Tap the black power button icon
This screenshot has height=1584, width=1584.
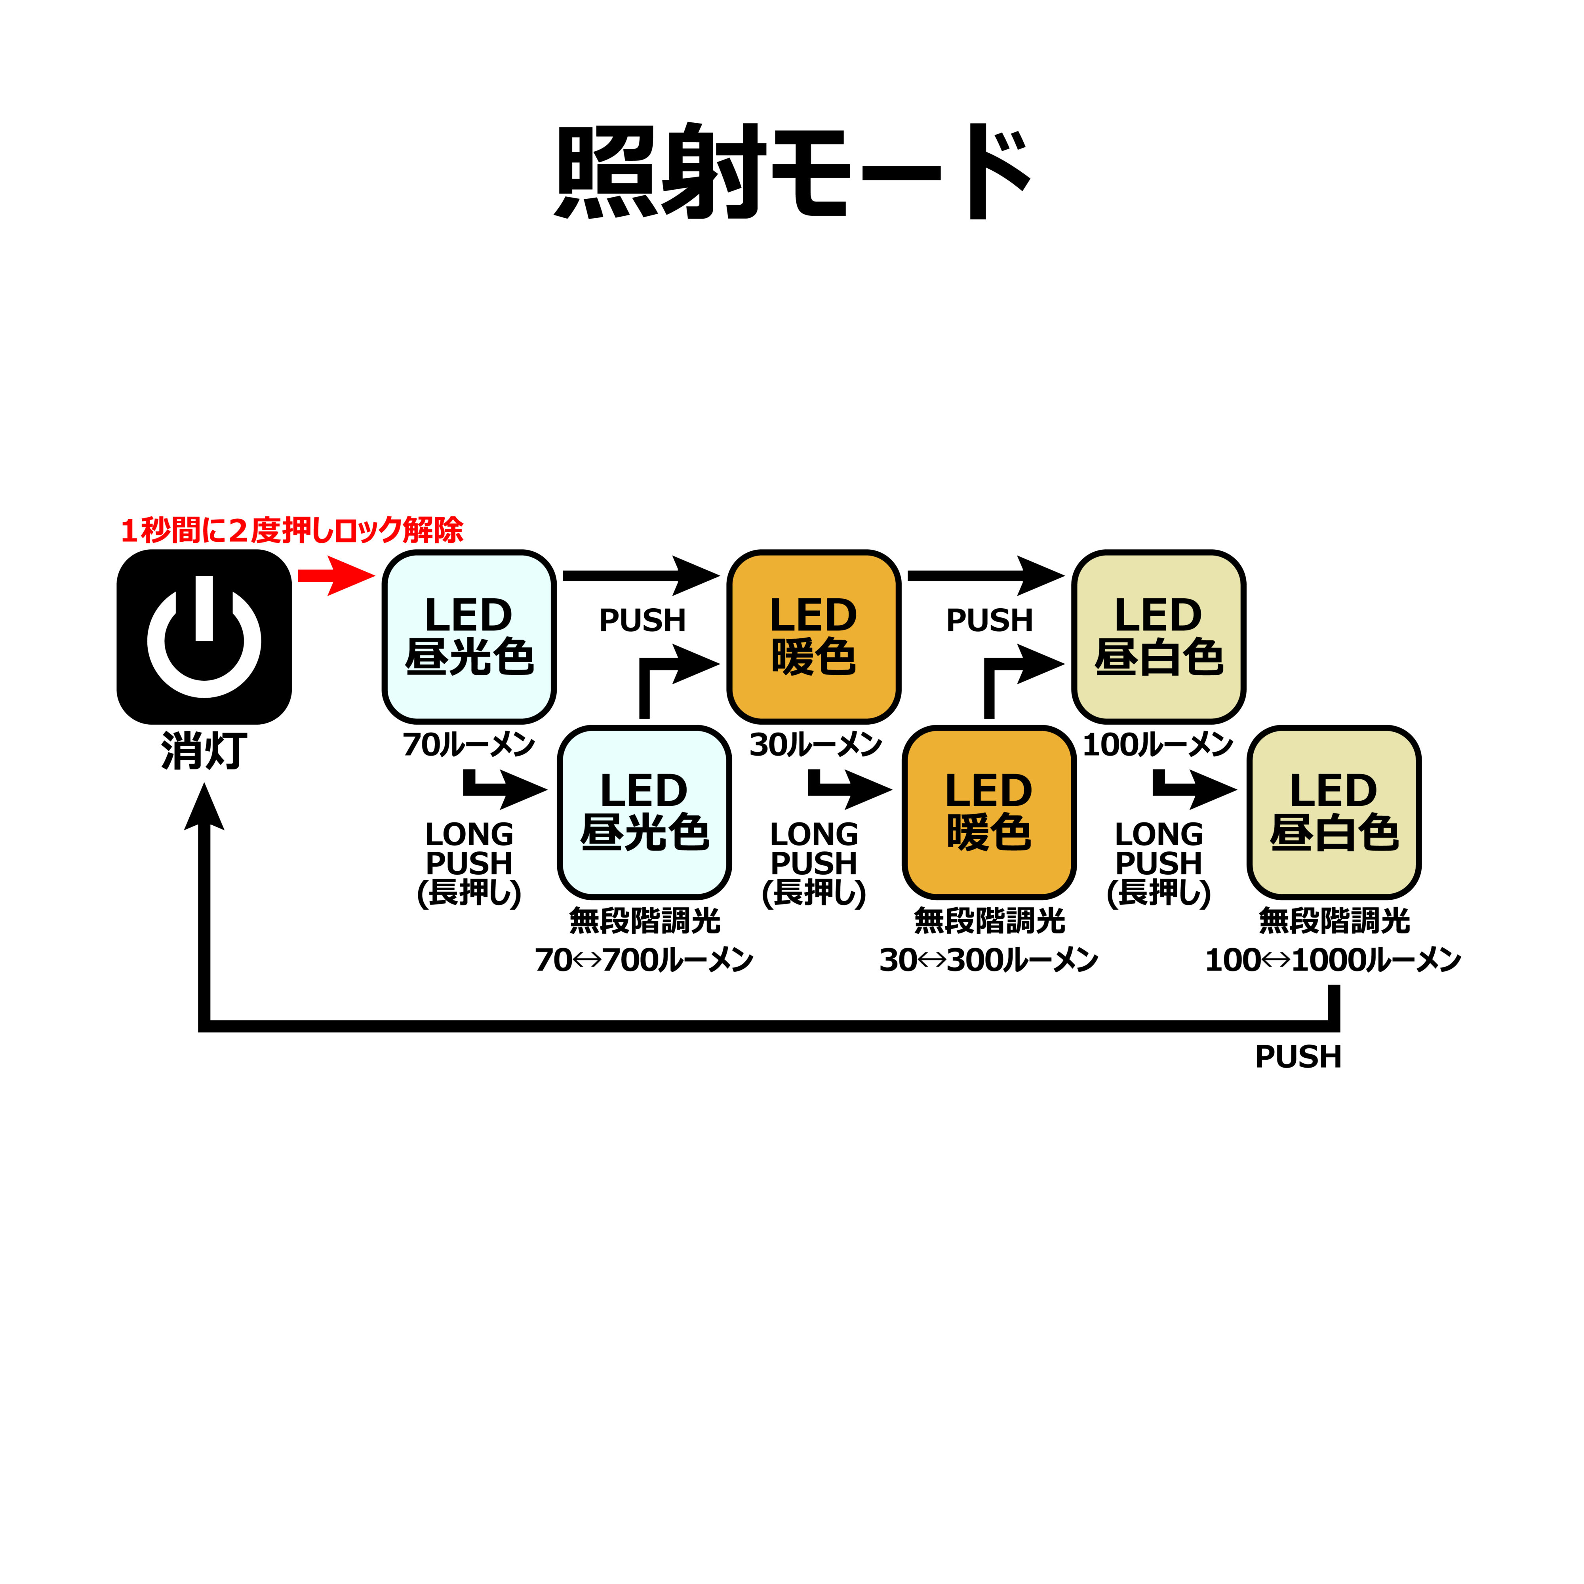tap(204, 637)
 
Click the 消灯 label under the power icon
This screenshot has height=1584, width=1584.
tap(204, 751)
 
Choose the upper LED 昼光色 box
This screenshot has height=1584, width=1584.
tap(469, 637)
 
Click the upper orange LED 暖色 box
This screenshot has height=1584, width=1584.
tap(814, 637)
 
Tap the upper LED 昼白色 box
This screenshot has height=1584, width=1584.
tap(1158, 637)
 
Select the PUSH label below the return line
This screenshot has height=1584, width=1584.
tap(1298, 1057)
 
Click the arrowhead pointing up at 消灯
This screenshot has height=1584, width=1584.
tap(204, 807)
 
